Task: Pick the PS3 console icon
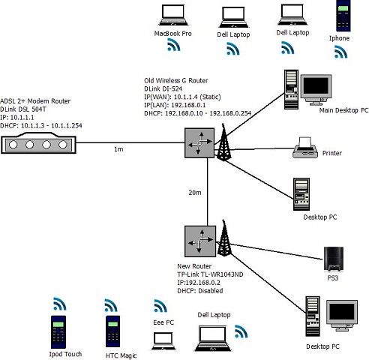click(332, 259)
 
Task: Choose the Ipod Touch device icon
click(58, 332)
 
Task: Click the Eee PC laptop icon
click(162, 340)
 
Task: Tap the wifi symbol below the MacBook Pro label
click(173, 46)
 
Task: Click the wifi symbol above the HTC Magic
click(112, 304)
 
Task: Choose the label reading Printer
click(331, 153)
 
